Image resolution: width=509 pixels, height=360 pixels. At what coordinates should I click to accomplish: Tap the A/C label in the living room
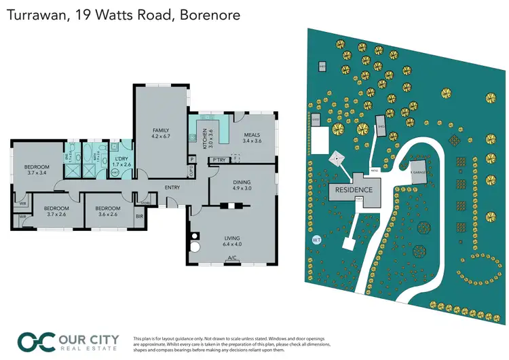[232, 258]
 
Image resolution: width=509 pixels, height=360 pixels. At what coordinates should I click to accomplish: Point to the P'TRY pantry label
[219, 160]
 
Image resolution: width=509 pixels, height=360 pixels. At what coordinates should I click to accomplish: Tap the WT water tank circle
[316, 240]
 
